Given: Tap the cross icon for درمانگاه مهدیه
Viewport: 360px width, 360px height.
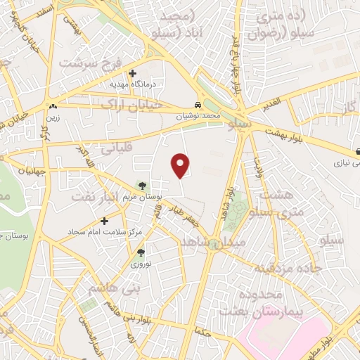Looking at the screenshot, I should tap(132, 73).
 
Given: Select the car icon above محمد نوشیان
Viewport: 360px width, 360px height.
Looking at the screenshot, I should tap(199, 104).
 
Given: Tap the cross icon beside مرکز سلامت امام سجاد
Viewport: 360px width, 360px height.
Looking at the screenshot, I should tap(105, 221).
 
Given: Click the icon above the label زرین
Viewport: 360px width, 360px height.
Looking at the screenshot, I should tap(53, 107).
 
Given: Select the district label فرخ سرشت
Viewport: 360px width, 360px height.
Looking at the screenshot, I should tap(85, 63).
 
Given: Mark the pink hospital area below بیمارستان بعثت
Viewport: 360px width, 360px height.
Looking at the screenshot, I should tap(281, 336).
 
